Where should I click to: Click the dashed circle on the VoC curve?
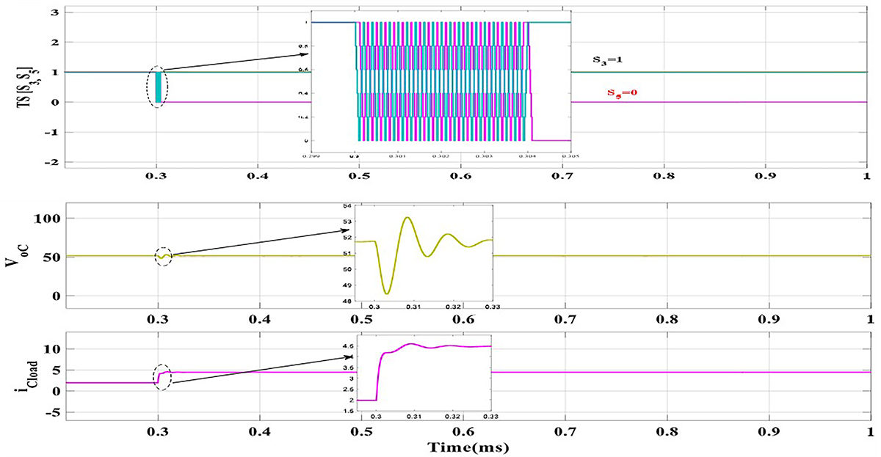tap(163, 257)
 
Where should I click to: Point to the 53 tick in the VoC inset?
tap(349, 221)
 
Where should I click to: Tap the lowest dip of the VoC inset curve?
tap(387, 293)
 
